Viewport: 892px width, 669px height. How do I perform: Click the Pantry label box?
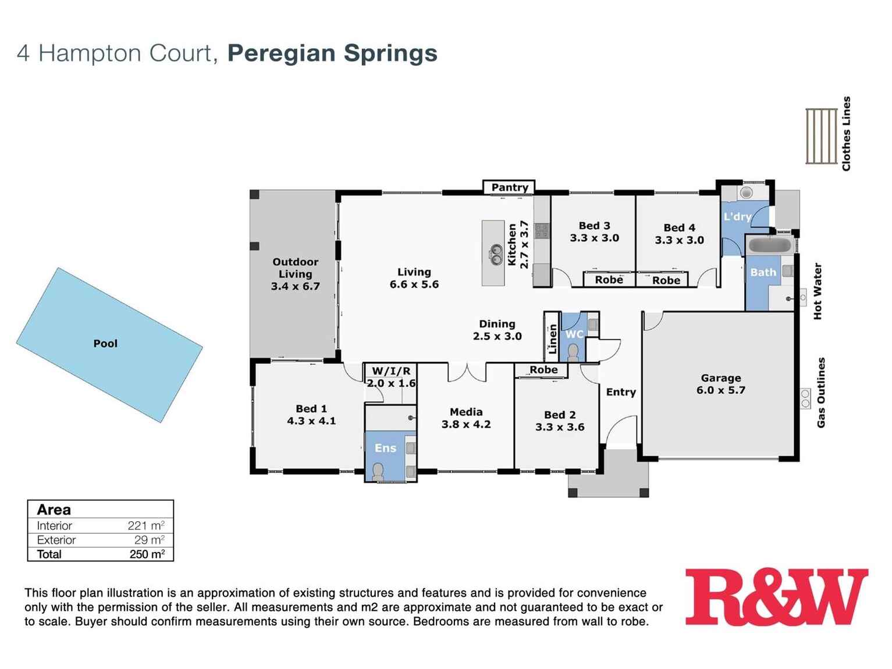click(x=509, y=187)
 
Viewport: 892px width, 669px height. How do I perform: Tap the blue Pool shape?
click(x=109, y=344)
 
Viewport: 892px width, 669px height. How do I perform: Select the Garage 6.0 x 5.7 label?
click(x=720, y=384)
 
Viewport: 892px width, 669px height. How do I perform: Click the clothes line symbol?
click(x=821, y=136)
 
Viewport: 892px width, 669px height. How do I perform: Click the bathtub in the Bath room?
click(x=769, y=245)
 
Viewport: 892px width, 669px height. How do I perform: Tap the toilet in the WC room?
click(x=573, y=353)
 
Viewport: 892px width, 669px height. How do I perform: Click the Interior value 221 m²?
click(x=145, y=526)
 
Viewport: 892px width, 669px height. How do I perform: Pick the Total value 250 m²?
click(x=147, y=554)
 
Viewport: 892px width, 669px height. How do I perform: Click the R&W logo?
click(x=776, y=597)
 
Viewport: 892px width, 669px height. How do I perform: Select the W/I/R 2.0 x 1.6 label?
click(x=391, y=377)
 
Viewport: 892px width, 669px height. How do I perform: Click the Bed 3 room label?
click(x=594, y=232)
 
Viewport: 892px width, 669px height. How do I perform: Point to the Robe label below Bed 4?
click(x=666, y=280)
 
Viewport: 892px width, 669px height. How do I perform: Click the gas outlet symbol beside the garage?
click(x=805, y=398)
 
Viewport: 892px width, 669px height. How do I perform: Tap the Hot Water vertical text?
click(x=818, y=291)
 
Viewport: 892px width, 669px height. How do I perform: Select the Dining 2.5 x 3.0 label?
click(x=497, y=330)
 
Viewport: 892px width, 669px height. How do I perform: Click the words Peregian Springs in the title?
click(x=332, y=53)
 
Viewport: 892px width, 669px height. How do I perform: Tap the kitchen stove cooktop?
click(x=542, y=232)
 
